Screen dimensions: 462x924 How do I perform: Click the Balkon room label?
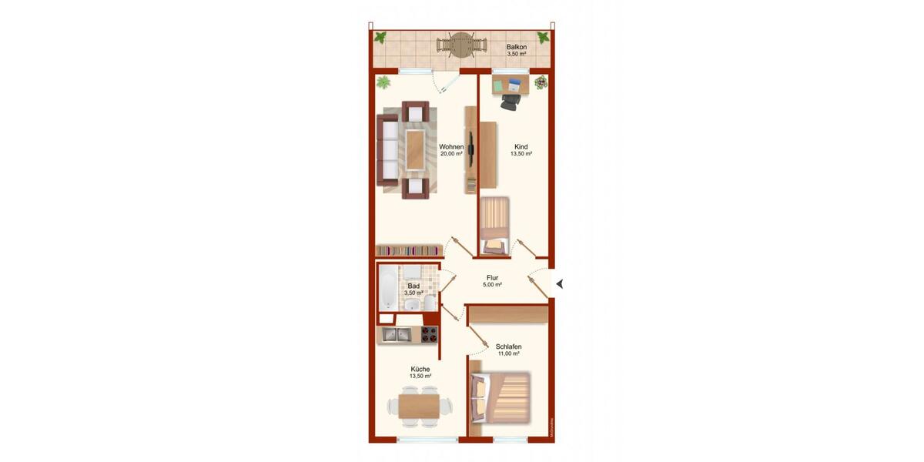click(517, 47)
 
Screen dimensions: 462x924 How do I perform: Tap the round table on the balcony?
click(460, 45)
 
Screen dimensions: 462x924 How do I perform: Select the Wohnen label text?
click(451, 146)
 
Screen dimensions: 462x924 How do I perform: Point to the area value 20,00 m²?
click(451, 154)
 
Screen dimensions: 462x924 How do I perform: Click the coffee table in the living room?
click(416, 149)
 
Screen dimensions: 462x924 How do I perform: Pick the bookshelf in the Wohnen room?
click(408, 250)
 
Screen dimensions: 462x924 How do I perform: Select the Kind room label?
click(521, 146)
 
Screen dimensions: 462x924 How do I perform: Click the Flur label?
click(493, 277)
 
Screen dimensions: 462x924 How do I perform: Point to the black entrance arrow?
click(560, 284)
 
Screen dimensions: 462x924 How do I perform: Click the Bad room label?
click(413, 286)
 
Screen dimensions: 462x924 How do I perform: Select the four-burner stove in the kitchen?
click(429, 334)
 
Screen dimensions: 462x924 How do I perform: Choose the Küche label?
click(420, 369)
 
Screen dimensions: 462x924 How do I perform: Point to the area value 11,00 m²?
click(508, 354)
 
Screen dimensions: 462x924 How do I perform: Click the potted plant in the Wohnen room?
click(383, 82)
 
